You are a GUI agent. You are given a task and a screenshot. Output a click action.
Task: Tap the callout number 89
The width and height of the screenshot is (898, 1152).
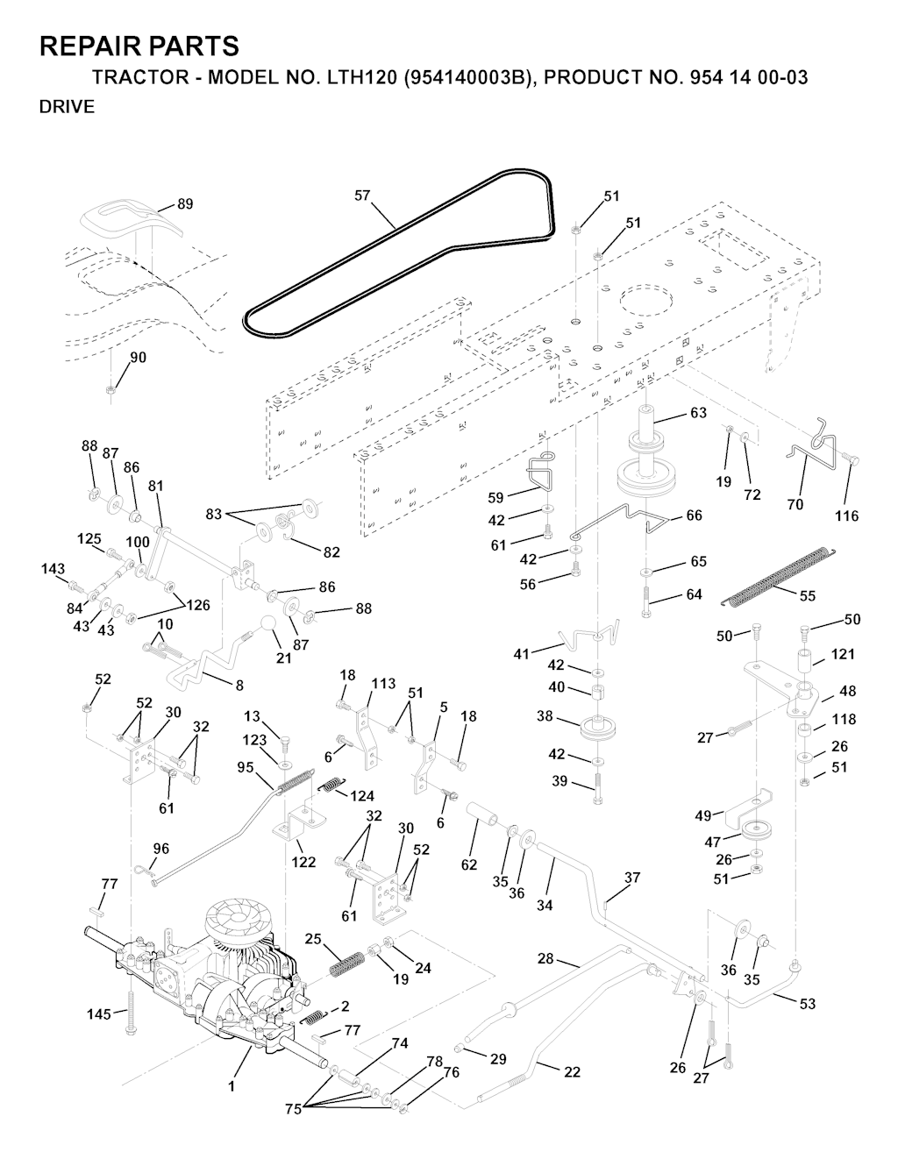click(x=185, y=203)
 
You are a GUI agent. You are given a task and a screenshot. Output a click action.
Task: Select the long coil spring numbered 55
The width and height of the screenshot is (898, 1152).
click(x=775, y=576)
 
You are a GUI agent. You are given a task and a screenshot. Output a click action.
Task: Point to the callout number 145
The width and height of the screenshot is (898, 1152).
click(x=99, y=1014)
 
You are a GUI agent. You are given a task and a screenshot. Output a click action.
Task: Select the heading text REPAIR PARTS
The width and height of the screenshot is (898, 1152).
click(x=139, y=46)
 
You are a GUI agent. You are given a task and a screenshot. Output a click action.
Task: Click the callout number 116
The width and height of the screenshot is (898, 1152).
click(x=846, y=516)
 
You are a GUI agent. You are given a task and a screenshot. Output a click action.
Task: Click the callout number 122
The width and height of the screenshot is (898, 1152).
click(x=303, y=863)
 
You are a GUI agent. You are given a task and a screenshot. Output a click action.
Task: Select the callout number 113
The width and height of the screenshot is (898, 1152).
click(x=382, y=684)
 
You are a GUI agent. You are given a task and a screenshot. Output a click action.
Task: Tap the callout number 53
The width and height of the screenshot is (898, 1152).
click(x=807, y=1003)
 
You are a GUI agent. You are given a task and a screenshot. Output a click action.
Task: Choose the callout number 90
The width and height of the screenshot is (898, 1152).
click(x=139, y=358)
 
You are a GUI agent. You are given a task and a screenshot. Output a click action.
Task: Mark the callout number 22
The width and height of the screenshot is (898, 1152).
click(x=572, y=1072)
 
